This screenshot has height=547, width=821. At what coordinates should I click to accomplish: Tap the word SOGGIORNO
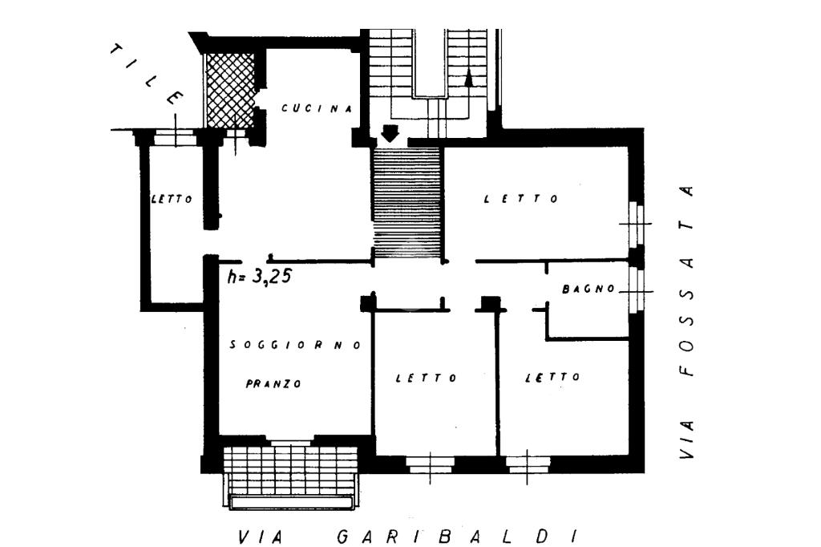click(x=296, y=345)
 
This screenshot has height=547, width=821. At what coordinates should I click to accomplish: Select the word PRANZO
click(x=273, y=384)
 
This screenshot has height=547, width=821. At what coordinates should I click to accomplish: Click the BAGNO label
click(x=588, y=289)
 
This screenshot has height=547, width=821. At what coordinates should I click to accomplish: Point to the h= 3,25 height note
click(x=259, y=277)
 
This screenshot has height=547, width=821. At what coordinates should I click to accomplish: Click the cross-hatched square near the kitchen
click(x=231, y=89)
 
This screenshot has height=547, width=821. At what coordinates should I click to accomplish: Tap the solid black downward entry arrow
click(x=390, y=133)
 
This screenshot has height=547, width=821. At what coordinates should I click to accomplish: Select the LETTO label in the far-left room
click(x=172, y=200)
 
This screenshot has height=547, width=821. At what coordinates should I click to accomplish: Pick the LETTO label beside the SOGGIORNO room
click(x=427, y=378)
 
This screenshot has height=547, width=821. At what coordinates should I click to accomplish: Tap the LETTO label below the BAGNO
click(x=552, y=377)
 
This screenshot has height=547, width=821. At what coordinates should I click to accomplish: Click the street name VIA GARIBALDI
click(x=407, y=536)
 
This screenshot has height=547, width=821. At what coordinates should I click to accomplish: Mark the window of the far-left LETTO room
click(x=176, y=137)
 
